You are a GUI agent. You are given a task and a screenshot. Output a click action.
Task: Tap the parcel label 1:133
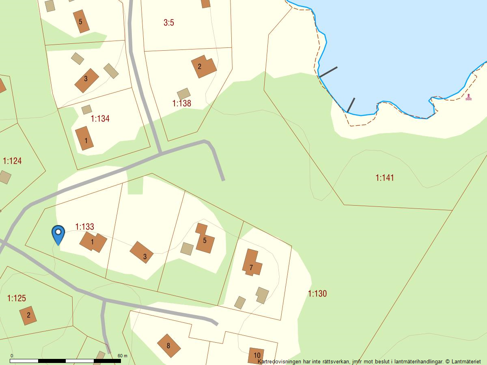point(85,227)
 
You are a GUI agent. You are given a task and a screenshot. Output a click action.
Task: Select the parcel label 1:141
point(385,178)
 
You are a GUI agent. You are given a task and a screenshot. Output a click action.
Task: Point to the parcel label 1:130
point(317,294)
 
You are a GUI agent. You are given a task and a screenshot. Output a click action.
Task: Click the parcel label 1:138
point(181,103)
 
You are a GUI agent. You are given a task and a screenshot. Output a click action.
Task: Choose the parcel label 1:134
point(100,119)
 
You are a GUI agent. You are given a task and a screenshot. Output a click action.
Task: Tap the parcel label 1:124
point(12,161)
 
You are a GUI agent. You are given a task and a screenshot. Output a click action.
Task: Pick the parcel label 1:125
point(17,298)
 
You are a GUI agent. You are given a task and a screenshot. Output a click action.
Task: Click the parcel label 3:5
point(169,23)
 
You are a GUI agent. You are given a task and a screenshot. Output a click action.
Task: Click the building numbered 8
point(168,346)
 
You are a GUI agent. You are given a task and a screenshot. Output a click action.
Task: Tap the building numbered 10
point(256,356)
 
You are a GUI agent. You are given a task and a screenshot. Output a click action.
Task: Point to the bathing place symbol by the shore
point(469,97)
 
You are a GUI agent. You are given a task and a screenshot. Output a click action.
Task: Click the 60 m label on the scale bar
point(122,356)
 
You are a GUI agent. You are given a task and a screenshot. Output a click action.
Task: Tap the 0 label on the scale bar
point(11,356)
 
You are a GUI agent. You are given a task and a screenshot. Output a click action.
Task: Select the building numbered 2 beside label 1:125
point(28,315)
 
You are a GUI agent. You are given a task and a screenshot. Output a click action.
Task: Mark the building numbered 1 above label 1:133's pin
point(93,242)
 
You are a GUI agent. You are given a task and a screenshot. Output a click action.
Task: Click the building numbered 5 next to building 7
point(205,239)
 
